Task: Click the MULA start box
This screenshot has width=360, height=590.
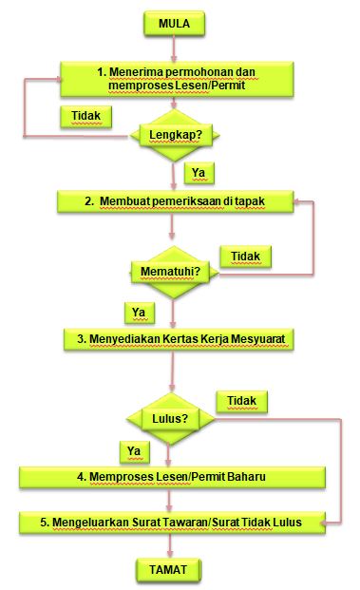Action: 174,24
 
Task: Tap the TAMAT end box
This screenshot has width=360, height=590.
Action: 168,570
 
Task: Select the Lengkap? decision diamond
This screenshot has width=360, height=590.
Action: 175,136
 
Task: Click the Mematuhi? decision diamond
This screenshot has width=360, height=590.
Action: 175,272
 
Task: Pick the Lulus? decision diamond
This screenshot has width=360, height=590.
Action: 170,419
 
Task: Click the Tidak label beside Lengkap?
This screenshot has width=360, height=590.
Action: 86,117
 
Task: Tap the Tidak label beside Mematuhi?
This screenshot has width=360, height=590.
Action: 245,257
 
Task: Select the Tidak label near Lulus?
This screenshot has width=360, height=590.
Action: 241,402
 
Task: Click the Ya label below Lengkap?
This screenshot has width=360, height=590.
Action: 199,173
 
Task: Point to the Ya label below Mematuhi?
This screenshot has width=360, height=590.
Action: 140,314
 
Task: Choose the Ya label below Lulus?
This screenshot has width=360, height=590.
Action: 134,452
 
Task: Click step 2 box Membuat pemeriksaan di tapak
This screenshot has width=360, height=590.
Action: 176,201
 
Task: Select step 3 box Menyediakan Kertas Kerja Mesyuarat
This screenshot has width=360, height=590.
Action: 179,339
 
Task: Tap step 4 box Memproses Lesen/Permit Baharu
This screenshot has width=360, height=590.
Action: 172,478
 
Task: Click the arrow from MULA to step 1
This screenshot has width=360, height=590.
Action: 174,48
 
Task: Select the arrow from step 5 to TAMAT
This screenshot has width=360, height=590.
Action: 170,545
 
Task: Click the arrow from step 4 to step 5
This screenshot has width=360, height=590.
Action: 169,500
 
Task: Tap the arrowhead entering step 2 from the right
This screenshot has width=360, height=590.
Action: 296,201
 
